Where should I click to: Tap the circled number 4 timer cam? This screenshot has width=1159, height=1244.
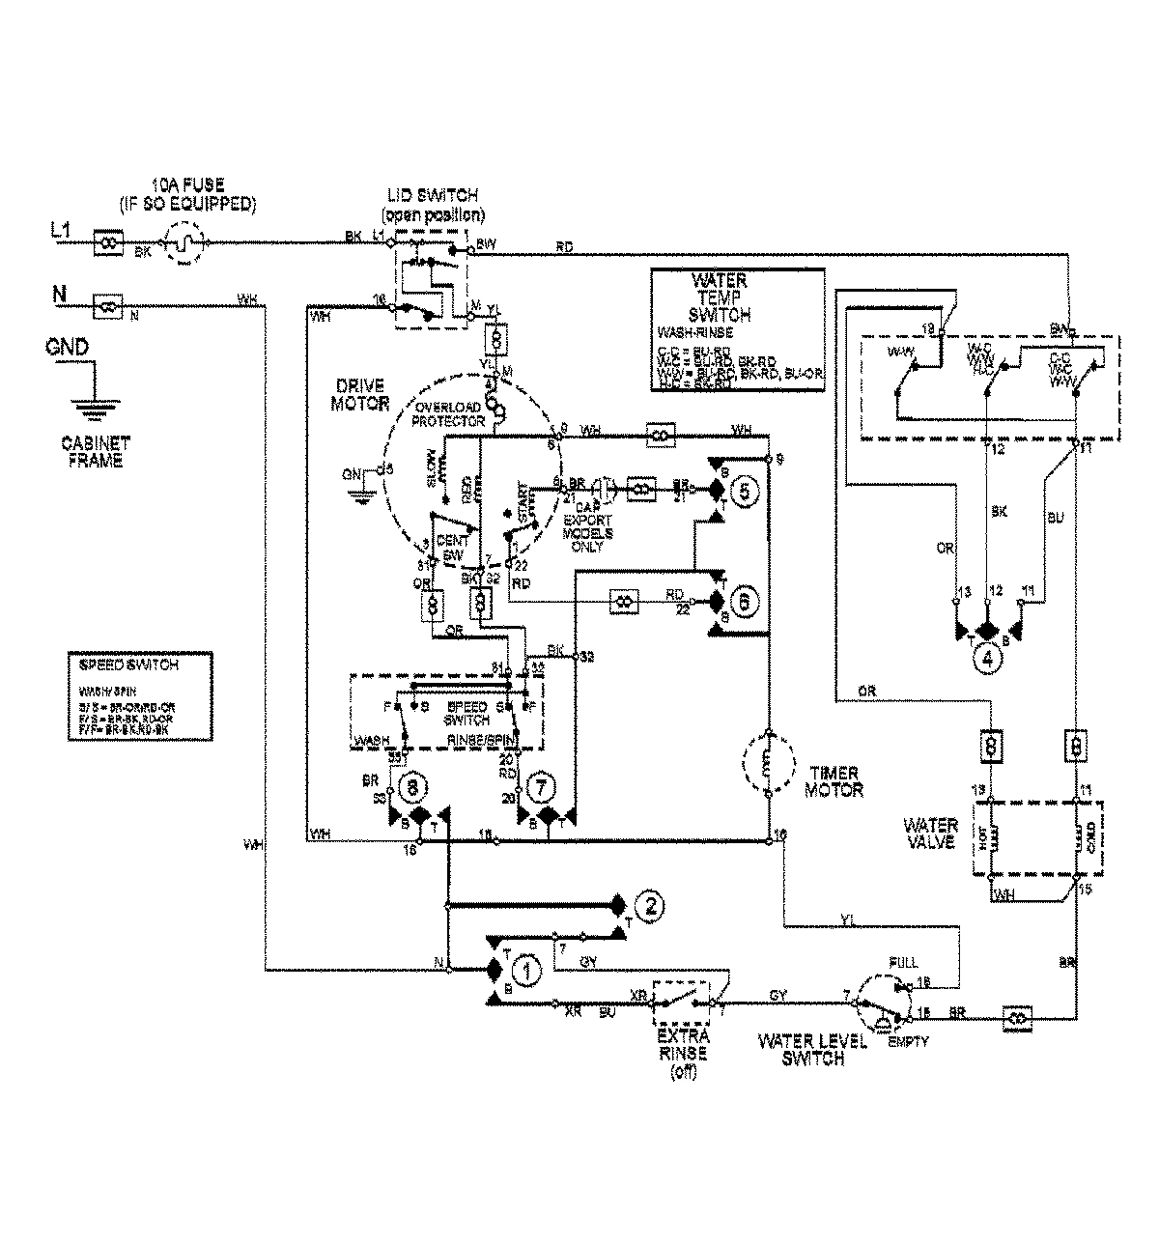(986, 661)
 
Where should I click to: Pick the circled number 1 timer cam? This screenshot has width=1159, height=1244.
(525, 971)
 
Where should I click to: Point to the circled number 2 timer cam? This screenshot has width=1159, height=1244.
(650, 906)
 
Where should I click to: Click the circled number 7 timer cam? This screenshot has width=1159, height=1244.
(539, 788)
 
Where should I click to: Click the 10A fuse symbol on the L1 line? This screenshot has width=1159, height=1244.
(184, 244)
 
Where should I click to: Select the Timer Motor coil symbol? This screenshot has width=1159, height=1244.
(768, 763)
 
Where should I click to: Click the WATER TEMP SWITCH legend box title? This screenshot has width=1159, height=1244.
(720, 297)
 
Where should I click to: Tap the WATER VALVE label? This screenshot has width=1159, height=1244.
(929, 834)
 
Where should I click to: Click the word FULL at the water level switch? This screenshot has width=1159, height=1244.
(905, 963)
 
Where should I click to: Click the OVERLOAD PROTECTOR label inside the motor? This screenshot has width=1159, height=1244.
(447, 413)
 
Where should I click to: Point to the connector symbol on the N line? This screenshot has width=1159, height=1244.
(108, 308)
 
